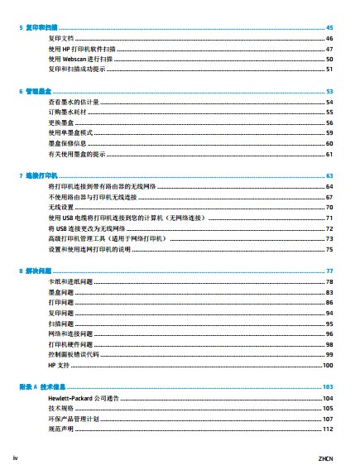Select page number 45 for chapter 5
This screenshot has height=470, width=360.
(x=329, y=28)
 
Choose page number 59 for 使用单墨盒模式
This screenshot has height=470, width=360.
(x=329, y=132)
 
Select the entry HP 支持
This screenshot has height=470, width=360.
(x=60, y=365)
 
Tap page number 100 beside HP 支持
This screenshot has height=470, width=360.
(x=328, y=365)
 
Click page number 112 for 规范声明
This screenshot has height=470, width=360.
(x=328, y=430)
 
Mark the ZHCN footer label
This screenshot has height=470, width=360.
(x=326, y=458)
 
